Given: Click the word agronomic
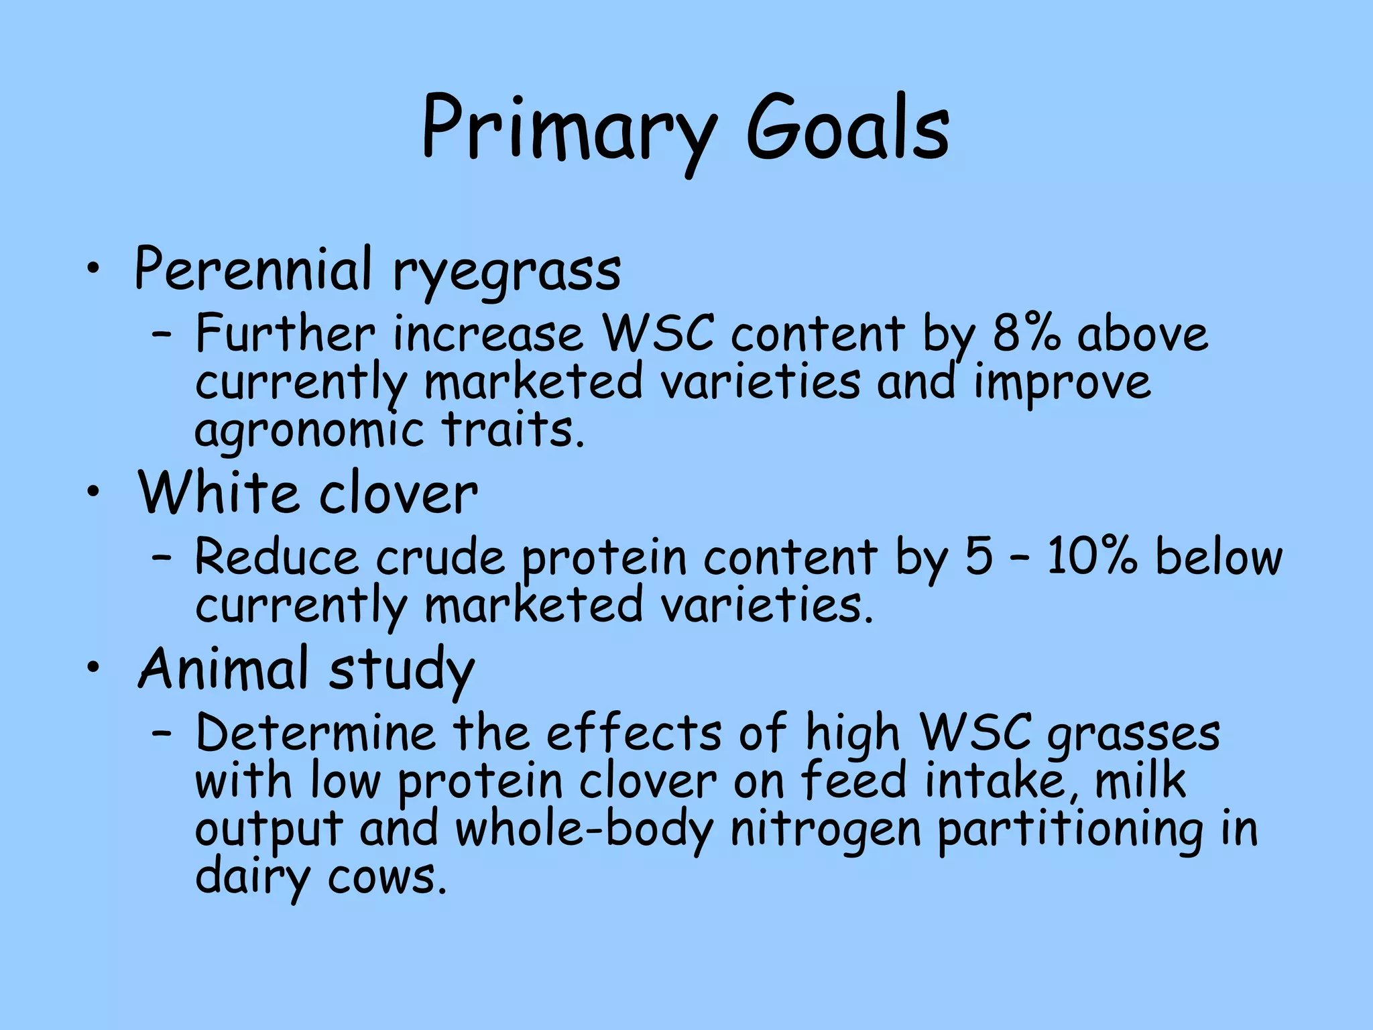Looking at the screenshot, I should click(x=309, y=431).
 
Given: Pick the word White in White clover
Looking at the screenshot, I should click(x=218, y=493).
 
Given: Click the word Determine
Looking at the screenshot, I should click(x=315, y=732).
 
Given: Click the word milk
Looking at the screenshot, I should click(x=1140, y=781).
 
